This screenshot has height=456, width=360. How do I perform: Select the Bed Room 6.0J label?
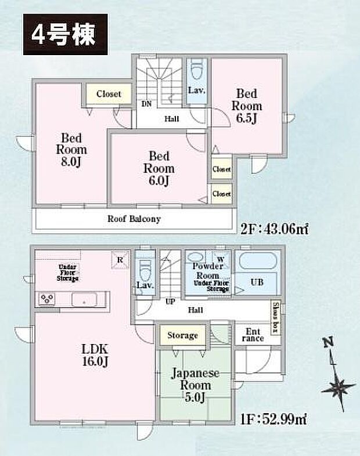[x=159, y=168]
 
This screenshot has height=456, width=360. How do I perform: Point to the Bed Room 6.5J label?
[x=247, y=106]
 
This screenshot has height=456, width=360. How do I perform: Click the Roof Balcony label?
[x=134, y=219]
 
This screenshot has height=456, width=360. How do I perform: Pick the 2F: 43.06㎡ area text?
[x=273, y=229]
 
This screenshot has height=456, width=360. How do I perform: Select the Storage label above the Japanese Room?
[x=182, y=335]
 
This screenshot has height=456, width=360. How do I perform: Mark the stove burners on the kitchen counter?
[x=46, y=299]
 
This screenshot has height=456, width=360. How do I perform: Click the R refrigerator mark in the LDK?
[x=120, y=260]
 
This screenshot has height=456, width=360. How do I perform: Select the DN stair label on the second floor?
[x=146, y=105]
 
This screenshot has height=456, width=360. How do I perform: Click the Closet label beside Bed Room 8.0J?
[x=109, y=93]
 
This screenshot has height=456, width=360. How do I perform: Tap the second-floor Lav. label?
[x=195, y=91]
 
